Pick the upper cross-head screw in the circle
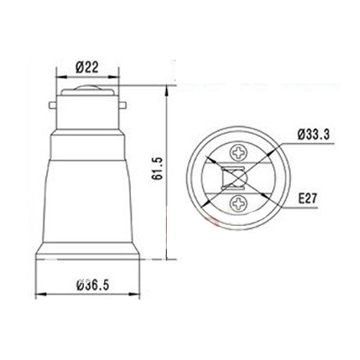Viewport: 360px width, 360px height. [237, 153]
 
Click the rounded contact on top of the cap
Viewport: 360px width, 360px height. [88, 91]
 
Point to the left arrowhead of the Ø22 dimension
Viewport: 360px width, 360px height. [59, 78]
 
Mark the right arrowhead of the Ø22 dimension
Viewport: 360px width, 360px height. [117, 78]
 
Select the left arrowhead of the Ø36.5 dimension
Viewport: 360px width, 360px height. [38, 294]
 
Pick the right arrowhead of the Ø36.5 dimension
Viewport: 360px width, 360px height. [137, 294]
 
